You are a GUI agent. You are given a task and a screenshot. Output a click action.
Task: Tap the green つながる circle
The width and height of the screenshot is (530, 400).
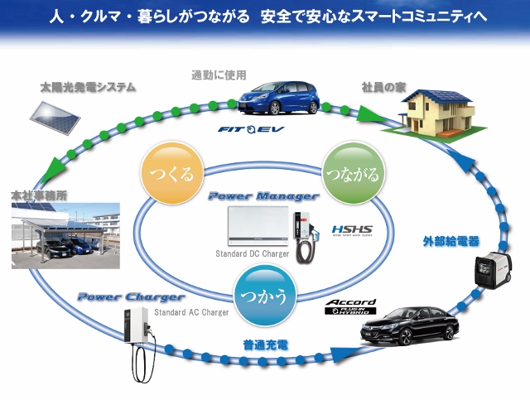pos(353,175)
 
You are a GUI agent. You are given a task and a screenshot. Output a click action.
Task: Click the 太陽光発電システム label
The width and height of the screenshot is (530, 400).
pos(88,86)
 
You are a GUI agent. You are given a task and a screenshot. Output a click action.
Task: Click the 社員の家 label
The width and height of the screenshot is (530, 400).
pos(382,86)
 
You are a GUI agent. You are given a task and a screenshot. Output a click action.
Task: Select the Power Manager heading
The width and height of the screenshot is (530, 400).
pos(263,196)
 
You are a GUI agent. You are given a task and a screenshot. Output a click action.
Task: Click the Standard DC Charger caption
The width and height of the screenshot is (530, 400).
pos(253,254)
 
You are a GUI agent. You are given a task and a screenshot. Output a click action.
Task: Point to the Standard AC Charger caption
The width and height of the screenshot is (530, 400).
pos(191,312)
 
